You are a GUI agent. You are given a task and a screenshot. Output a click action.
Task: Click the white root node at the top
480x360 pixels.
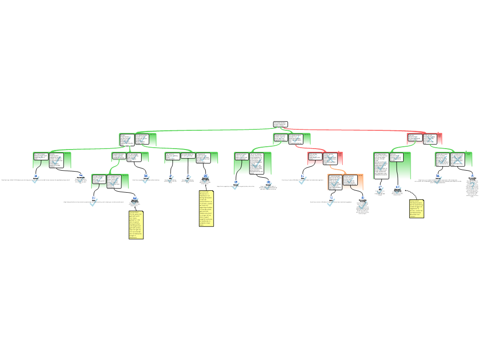coord(280,124)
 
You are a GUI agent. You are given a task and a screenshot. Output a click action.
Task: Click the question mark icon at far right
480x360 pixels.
coord(472,186)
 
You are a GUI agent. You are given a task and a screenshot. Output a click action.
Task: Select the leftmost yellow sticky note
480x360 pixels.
coord(135,225)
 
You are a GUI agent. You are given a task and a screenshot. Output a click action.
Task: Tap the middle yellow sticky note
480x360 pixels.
coord(206,209)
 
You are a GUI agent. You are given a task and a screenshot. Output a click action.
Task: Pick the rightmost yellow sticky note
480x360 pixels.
coord(416,209)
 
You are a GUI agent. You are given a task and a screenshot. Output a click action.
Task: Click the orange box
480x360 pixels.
coord(345,182)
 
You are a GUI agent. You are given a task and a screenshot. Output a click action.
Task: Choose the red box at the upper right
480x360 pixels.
coord(424,139)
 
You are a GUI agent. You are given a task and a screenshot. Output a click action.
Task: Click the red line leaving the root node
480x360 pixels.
coord(356,130)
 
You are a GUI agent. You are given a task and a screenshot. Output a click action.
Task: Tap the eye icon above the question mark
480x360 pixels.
coord(472,176)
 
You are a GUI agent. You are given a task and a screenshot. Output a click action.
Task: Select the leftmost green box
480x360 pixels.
coord(52,160)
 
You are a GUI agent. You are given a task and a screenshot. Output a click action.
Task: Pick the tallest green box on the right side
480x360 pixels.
coord(392,165)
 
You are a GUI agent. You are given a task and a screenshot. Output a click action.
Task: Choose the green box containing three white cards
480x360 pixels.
coord(191,157)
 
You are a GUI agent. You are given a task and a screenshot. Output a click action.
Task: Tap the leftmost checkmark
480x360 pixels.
coord(36,180)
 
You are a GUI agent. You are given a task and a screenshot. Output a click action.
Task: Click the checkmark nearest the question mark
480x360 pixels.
coord(438,180)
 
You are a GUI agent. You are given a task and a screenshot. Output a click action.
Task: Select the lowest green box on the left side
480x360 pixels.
coord(110,181)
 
